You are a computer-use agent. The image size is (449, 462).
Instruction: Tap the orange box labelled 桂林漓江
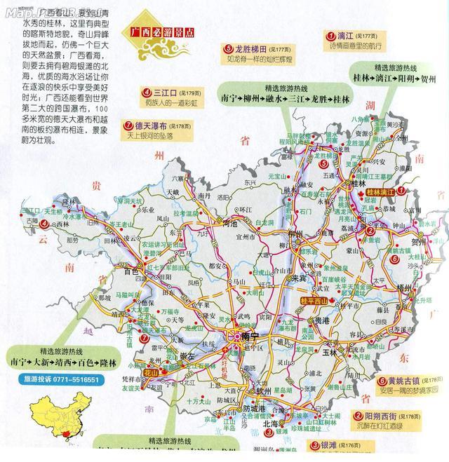(379, 190)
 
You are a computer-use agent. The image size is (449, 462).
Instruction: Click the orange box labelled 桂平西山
(312, 302)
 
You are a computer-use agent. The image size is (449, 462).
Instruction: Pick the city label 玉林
(351, 352)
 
